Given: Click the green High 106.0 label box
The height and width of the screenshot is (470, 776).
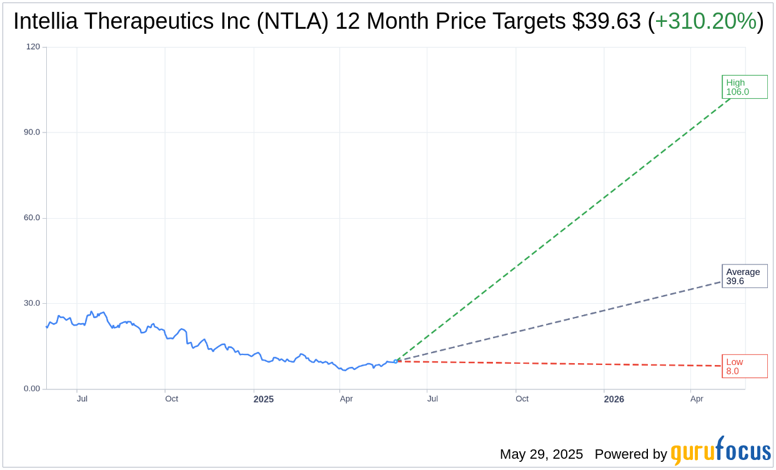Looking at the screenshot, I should click(x=744, y=87).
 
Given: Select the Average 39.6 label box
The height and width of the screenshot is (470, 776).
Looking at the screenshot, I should click(x=744, y=276).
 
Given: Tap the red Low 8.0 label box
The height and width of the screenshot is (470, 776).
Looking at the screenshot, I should click(x=744, y=366).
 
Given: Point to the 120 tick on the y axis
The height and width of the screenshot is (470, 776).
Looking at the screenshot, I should click(x=32, y=47).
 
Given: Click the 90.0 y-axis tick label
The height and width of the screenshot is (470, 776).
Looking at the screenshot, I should click(x=31, y=132).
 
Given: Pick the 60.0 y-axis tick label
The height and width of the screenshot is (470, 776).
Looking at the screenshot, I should click(x=31, y=218).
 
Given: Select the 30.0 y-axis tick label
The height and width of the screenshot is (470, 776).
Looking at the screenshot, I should click(x=31, y=303).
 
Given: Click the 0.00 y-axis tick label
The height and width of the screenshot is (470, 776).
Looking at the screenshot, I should click(x=31, y=389).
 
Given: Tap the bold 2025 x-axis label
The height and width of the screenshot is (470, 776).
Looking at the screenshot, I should click(x=263, y=399).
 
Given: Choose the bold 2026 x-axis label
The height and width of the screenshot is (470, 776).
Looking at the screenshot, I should click(x=614, y=399).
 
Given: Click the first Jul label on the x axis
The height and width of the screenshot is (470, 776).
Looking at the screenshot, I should click(x=82, y=399).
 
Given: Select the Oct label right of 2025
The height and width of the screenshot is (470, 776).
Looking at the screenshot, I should click(x=522, y=399).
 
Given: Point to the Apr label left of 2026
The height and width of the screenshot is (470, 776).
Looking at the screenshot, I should click(x=346, y=399).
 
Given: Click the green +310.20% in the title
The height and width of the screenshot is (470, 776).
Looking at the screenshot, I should click(x=705, y=21).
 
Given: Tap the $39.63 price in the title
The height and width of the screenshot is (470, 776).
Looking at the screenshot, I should click(x=606, y=21).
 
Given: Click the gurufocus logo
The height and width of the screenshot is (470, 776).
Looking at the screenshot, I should click(x=720, y=451).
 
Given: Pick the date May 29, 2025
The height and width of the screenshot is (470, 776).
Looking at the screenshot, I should click(x=541, y=454).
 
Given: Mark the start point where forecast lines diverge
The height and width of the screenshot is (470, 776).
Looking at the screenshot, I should click(x=395, y=361).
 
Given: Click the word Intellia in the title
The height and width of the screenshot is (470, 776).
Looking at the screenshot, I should click(x=47, y=21).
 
